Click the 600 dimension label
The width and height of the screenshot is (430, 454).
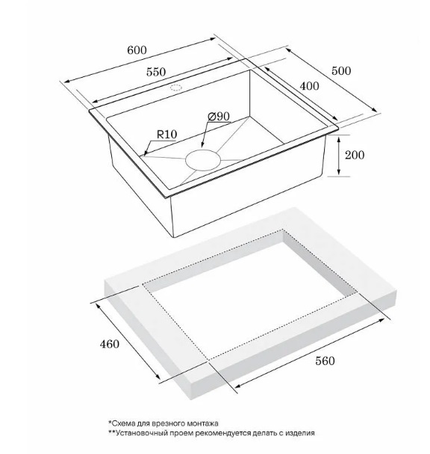click(137, 50)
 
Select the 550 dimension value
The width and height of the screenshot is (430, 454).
click(156, 72)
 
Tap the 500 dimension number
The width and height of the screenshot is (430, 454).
click(341, 71)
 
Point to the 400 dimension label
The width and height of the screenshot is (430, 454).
click(310, 86)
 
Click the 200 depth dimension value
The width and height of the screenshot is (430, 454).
click(355, 155)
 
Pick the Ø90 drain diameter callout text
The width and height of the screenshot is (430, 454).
click(219, 117)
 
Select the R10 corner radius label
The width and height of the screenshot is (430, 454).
click(166, 135)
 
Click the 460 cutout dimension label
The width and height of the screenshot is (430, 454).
click(109, 344)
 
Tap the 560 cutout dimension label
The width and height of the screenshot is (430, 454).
click(325, 361)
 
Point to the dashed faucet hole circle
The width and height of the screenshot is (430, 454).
click(176, 85)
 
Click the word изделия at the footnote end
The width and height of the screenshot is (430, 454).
click(300, 434)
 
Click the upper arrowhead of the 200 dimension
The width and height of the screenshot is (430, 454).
click(339, 138)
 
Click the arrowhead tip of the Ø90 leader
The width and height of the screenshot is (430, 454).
click(202, 147)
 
